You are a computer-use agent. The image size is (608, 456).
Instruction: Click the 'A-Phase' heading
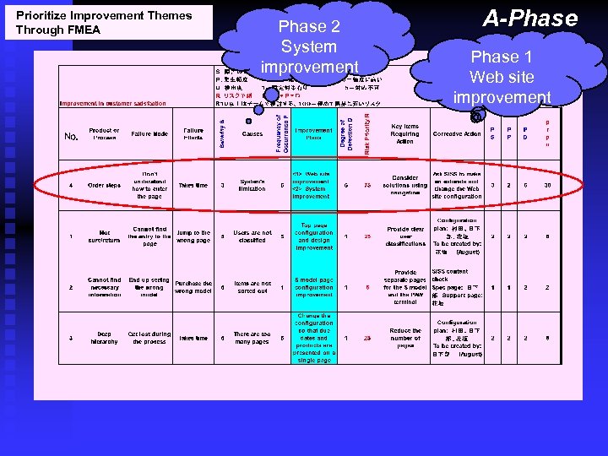(x=529, y=19)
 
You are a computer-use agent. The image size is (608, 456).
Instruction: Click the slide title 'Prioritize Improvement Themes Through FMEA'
(x=104, y=23)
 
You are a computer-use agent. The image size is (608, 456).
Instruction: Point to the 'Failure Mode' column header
(x=149, y=134)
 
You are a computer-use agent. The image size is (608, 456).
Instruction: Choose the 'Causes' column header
(x=252, y=134)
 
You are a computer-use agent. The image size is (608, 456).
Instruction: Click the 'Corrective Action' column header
(x=456, y=134)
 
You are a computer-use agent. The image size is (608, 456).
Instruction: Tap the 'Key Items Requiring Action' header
(x=404, y=134)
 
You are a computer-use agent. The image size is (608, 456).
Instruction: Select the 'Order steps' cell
(x=104, y=186)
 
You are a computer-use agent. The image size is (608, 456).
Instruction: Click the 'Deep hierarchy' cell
(x=104, y=338)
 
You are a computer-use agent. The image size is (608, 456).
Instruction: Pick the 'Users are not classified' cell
(x=252, y=236)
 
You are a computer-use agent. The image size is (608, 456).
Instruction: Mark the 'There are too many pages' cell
(x=252, y=338)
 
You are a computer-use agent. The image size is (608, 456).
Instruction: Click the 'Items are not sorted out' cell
(x=252, y=287)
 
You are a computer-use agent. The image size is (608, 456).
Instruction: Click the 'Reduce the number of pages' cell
(x=404, y=338)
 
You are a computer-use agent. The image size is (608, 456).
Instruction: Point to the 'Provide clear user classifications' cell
(x=404, y=236)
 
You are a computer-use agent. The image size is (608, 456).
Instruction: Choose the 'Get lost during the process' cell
(x=149, y=338)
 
